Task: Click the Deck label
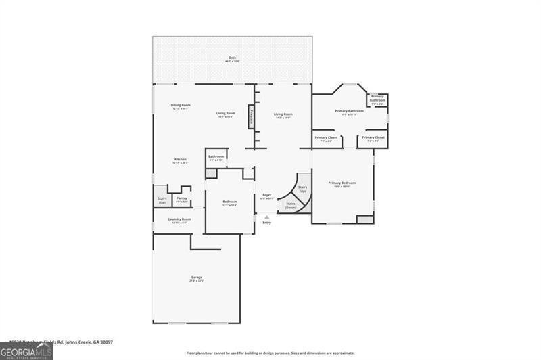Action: point(232,58)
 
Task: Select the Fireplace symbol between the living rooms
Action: point(252,116)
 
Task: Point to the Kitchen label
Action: point(180,160)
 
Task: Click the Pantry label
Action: point(181,199)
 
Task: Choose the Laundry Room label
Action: point(179,220)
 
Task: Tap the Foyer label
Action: point(266,196)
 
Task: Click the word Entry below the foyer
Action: point(266,223)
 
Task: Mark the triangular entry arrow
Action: point(266,217)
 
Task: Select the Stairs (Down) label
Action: point(290,205)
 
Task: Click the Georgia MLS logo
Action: point(26,351)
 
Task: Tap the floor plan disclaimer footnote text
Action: point(270,353)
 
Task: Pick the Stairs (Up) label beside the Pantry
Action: point(162,200)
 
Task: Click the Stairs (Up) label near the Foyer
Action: point(302,189)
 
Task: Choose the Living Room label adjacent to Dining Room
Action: point(225,114)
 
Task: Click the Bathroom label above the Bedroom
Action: point(216,158)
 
